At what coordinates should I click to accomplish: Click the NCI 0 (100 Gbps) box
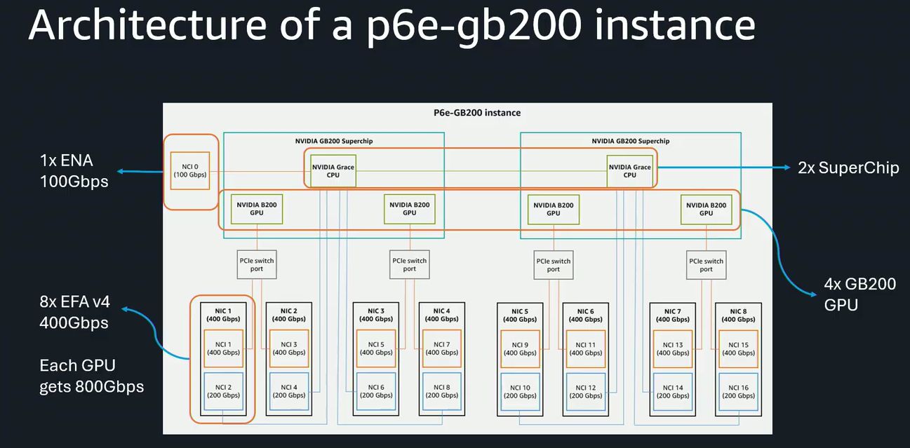(189, 170)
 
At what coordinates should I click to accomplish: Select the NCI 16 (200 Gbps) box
(737, 391)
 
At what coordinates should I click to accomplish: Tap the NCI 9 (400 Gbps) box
(520, 348)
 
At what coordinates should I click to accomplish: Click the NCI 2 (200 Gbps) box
(223, 391)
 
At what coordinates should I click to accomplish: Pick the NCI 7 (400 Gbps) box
(442, 348)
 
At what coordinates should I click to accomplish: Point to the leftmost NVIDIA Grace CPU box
(333, 171)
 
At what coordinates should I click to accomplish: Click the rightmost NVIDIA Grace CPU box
(629, 171)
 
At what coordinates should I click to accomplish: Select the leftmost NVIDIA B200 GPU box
(256, 209)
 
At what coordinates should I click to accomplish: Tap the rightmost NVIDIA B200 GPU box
(706, 209)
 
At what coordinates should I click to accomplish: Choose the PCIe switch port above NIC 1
(256, 265)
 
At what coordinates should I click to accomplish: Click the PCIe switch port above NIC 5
(553, 265)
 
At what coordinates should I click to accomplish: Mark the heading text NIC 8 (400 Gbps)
(737, 315)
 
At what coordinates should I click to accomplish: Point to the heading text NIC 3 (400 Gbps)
(376, 315)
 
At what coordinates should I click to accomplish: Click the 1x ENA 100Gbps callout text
(74, 170)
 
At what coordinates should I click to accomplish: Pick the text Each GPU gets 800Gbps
(91, 376)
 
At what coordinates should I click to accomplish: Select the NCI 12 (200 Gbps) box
(586, 391)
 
